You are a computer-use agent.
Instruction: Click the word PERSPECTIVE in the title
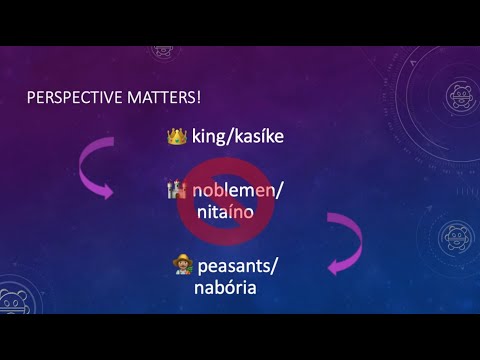(69, 98)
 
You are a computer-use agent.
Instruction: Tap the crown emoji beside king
(177, 134)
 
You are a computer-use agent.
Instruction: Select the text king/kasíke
(238, 134)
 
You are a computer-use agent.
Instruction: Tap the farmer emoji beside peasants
(181, 266)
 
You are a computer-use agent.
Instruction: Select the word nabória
(227, 288)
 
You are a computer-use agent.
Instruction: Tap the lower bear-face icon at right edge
(458, 239)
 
